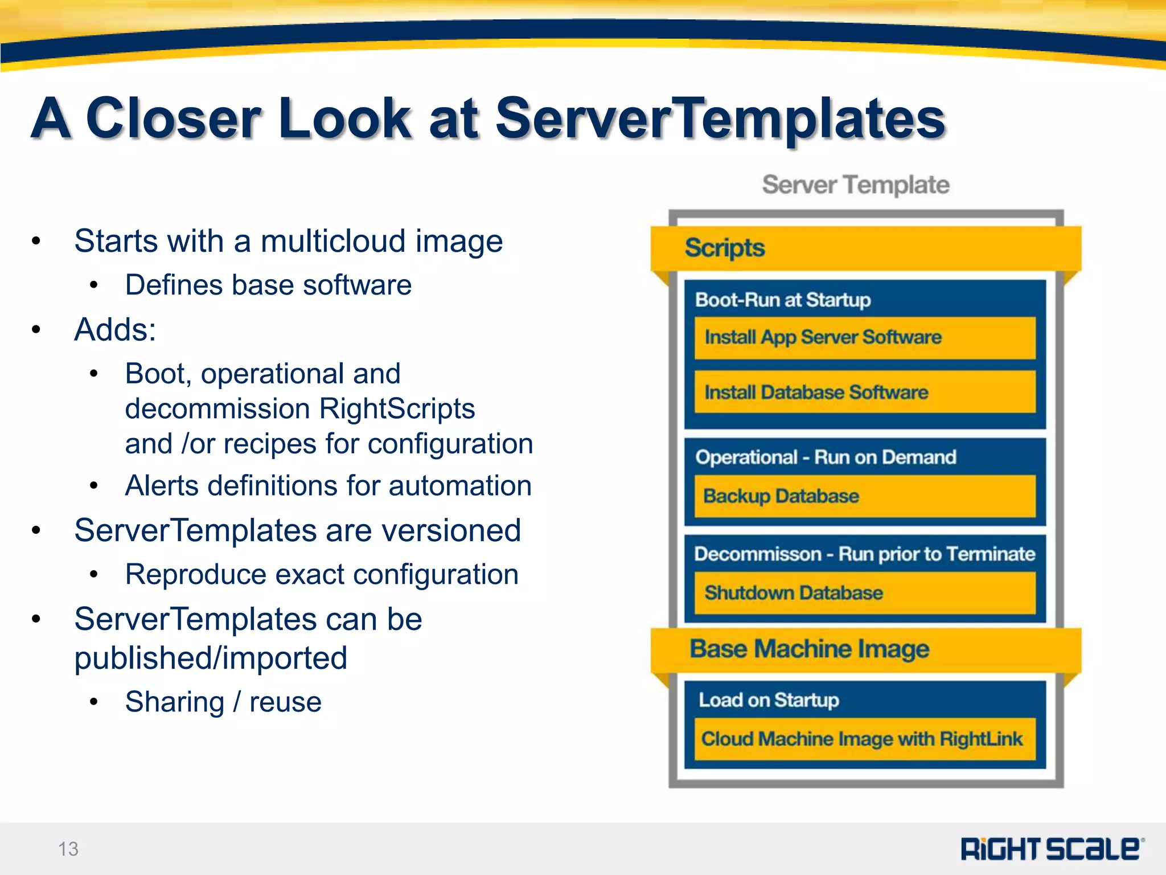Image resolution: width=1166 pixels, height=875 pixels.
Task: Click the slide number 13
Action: [68, 849]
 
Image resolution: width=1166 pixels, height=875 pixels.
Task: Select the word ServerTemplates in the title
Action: [720, 118]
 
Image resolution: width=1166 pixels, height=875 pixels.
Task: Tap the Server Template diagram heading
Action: [856, 185]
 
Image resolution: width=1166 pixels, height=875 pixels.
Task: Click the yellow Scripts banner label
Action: [724, 248]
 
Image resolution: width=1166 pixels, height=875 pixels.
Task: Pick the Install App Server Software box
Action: [864, 338]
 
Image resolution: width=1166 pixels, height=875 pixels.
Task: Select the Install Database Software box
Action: [864, 392]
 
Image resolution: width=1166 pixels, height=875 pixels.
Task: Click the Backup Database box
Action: [864, 496]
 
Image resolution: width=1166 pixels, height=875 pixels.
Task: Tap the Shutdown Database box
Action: [864, 593]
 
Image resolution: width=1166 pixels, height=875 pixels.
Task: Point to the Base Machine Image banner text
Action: [809, 649]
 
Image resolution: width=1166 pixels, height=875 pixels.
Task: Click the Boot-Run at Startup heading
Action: [783, 300]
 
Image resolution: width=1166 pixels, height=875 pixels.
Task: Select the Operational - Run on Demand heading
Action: [826, 457]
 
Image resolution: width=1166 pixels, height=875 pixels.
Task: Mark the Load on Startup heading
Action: [769, 700]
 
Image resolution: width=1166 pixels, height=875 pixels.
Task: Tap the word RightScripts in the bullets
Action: [397, 408]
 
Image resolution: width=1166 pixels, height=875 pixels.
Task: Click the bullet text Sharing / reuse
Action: [223, 702]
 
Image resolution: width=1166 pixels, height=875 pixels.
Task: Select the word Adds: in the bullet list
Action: [115, 329]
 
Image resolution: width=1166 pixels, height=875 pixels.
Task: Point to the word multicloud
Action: [333, 241]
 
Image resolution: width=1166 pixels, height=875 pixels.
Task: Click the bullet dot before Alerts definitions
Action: [94, 486]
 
